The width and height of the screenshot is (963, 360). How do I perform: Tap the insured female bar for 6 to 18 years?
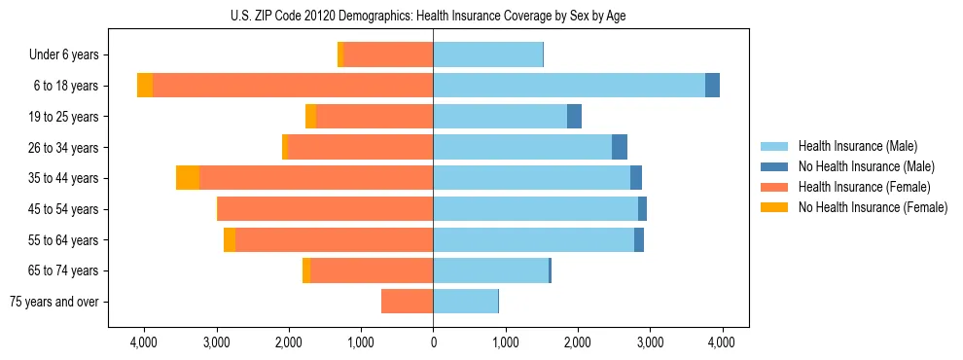point(293,86)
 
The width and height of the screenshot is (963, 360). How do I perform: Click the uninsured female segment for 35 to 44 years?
point(188,178)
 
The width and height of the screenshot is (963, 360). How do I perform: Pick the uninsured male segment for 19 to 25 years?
point(574,117)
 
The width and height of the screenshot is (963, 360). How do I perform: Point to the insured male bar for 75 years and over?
point(465,302)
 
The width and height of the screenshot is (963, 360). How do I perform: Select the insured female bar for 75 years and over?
point(407,302)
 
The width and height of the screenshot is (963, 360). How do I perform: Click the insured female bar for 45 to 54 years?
point(325,209)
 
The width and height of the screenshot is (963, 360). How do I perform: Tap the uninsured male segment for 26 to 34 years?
point(620,147)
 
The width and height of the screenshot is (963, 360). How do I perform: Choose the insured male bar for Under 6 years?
point(487,54)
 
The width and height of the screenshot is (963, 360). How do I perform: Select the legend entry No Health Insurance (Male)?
point(866,166)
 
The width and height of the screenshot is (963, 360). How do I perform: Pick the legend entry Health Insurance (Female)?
point(864,187)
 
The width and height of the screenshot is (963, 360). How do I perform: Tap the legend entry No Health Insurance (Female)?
point(873,207)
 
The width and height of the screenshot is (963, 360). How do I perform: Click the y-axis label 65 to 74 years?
point(63,270)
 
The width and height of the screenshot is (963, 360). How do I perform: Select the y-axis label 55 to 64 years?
point(63,240)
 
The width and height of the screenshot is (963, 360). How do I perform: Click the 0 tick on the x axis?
point(433,342)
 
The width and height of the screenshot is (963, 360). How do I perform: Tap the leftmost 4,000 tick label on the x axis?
point(144,342)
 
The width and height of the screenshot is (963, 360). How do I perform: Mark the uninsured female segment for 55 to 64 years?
point(230,240)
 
